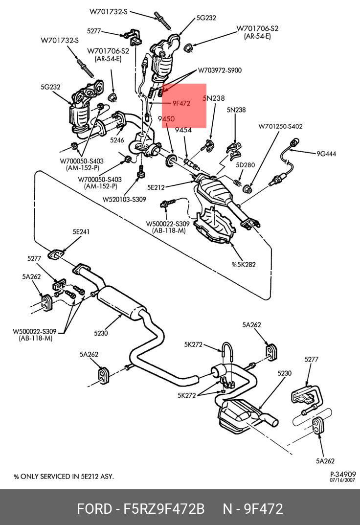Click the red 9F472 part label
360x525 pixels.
click(x=180, y=103)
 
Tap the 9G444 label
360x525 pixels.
click(x=326, y=154)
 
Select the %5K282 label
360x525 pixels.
click(x=244, y=265)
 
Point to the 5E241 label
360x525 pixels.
click(x=81, y=232)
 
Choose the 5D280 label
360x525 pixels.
click(x=245, y=165)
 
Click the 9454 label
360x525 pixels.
click(x=183, y=130)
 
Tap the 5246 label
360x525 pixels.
click(x=117, y=140)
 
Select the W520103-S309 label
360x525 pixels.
click(x=124, y=199)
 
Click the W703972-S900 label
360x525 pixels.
click(x=220, y=70)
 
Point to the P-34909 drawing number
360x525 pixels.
click(x=343, y=474)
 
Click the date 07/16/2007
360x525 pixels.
click(x=343, y=480)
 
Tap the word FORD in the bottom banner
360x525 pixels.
click(x=94, y=509)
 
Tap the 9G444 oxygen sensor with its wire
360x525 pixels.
click(x=286, y=162)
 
